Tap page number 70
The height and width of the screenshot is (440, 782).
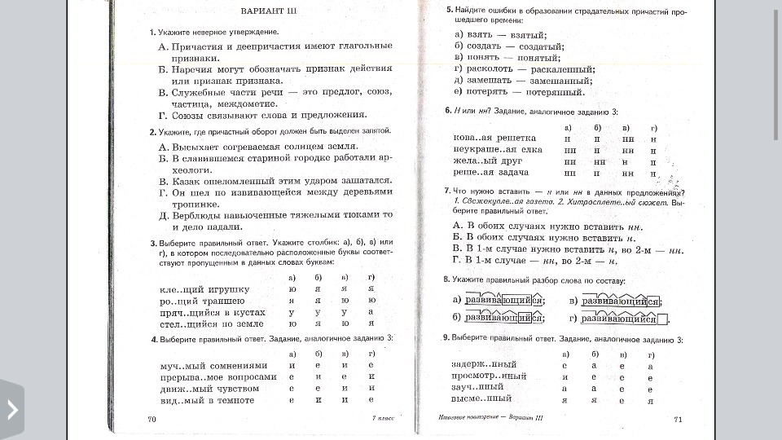tap(152, 419)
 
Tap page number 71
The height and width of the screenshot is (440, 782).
tap(678, 419)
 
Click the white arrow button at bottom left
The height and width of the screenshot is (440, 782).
tap(12, 410)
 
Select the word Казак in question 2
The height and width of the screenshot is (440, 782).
tap(187, 180)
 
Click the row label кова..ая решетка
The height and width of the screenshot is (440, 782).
tap(494, 139)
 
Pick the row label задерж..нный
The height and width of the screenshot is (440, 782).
tap(483, 364)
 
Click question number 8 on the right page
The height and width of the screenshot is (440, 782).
tap(446, 279)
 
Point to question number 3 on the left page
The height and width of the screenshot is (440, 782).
tap(152, 243)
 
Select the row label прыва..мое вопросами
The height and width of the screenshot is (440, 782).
tap(218, 376)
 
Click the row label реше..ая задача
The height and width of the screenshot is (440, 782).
tap(491, 173)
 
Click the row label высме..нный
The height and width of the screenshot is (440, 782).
tap(481, 398)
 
